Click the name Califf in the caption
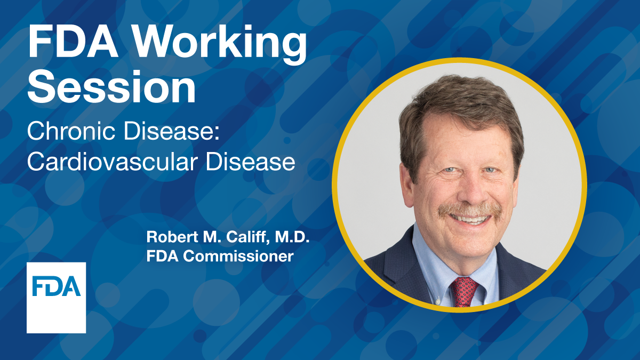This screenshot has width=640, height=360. coord(236,237)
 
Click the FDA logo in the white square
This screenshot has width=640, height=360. coord(56,286)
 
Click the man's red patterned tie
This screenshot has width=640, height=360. coord(463,291)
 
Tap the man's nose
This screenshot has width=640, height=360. coord(467,189)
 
